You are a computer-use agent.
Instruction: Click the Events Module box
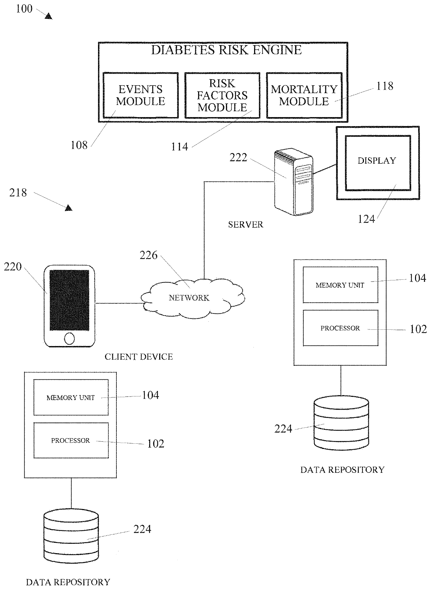coord(141,95)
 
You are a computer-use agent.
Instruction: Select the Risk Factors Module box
coord(222,95)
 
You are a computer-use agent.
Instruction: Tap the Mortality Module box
coord(304,95)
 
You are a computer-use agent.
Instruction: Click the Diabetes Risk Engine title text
coord(226,50)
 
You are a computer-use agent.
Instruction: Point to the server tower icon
coord(293,182)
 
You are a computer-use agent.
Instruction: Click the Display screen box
coord(377,163)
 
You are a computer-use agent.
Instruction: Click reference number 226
coord(148,255)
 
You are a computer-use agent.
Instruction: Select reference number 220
coord(13,267)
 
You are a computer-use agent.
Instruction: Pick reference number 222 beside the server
coord(238,158)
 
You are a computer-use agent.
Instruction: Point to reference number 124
coord(366,219)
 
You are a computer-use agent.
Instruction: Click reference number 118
coord(385,86)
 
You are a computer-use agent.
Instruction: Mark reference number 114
coord(179,147)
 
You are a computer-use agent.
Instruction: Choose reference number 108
coord(79,145)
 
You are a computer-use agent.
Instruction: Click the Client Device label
coord(138,357)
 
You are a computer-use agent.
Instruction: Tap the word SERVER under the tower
coord(245,224)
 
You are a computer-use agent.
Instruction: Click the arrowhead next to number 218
coord(69,208)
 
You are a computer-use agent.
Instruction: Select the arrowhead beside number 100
coord(49,16)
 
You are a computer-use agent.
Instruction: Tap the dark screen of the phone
coord(69,300)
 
